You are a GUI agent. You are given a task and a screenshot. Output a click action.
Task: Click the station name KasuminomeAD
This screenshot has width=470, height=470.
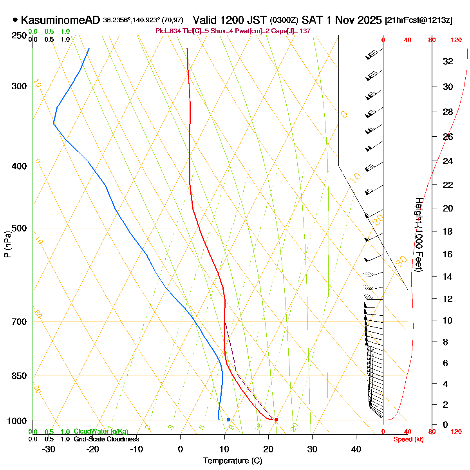pos(61,20)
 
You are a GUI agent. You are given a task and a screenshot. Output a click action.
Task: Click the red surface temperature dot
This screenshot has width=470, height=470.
pos(276,419)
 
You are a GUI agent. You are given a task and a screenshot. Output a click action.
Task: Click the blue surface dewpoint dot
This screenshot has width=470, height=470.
pos(228,419)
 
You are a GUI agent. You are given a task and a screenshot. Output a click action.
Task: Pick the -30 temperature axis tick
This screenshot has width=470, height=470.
pos(48,449)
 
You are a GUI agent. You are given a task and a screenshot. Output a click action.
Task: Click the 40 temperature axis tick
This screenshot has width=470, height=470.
pos(356,449)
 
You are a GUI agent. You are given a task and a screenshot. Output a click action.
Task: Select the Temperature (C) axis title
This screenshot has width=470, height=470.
pos(233,461)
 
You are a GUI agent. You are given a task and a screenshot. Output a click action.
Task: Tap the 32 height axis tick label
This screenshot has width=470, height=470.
pos(448,61)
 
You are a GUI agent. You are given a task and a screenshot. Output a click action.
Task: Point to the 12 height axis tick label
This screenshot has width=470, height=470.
pos(448,299)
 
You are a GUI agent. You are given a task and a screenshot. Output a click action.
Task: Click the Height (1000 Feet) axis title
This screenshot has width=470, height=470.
pos(419,235)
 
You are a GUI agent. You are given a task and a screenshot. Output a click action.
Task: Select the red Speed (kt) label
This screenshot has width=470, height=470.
pos(409,439)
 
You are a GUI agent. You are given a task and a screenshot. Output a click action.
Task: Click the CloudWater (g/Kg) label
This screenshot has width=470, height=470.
pos(101,432)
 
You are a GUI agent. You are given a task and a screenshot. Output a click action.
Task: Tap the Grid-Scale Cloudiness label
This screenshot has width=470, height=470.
pos(106,439)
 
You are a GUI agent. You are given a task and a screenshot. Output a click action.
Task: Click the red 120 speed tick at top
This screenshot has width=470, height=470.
pos(456,40)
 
